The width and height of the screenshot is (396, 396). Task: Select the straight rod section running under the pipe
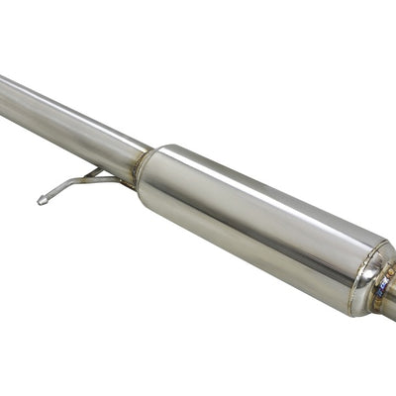99,180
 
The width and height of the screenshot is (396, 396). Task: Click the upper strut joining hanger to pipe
92,173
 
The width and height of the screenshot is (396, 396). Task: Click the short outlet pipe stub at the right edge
388,297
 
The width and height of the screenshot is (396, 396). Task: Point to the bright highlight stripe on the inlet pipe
59,104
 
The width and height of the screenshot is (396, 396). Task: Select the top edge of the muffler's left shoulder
168,148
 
